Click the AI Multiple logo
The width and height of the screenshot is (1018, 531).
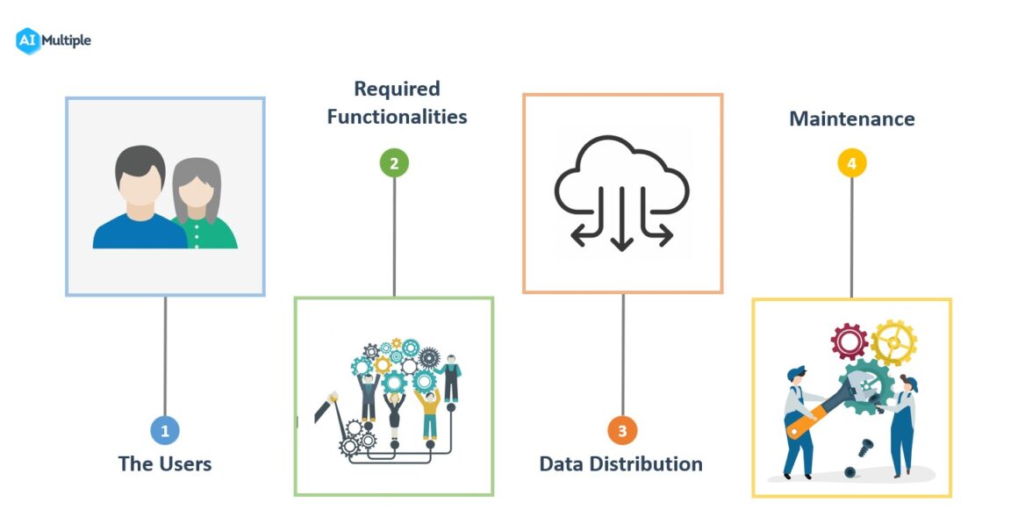[54, 40]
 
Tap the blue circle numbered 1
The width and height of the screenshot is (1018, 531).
[165, 430]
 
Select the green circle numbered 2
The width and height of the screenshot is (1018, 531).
[394, 163]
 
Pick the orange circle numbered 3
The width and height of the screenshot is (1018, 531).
[622, 430]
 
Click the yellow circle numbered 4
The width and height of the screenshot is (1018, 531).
[851, 163]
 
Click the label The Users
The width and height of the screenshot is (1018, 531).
[165, 463]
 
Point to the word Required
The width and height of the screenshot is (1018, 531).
[397, 89]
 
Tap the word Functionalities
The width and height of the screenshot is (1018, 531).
[397, 117]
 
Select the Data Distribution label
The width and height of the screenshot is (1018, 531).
[620, 464]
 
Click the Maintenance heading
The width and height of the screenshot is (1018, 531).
[851, 118]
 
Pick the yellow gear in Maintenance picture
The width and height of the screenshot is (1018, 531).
[894, 342]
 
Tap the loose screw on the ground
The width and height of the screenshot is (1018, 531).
[869, 447]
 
